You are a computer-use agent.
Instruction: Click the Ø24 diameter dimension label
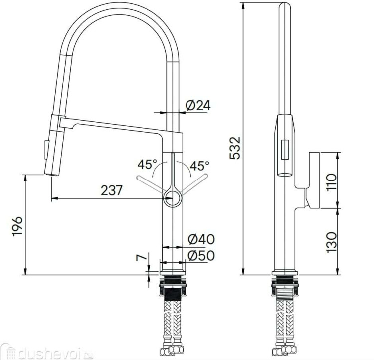point(198,106)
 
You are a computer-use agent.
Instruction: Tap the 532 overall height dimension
point(235,147)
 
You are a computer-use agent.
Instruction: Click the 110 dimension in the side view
point(332,180)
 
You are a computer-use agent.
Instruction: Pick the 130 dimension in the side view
point(332,241)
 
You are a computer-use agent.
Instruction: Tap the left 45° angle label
point(148,164)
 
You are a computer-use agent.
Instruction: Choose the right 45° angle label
point(200,164)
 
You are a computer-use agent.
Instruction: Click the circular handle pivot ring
point(173,198)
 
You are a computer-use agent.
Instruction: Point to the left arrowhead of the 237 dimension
point(53,198)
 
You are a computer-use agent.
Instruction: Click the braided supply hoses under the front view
point(173,324)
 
